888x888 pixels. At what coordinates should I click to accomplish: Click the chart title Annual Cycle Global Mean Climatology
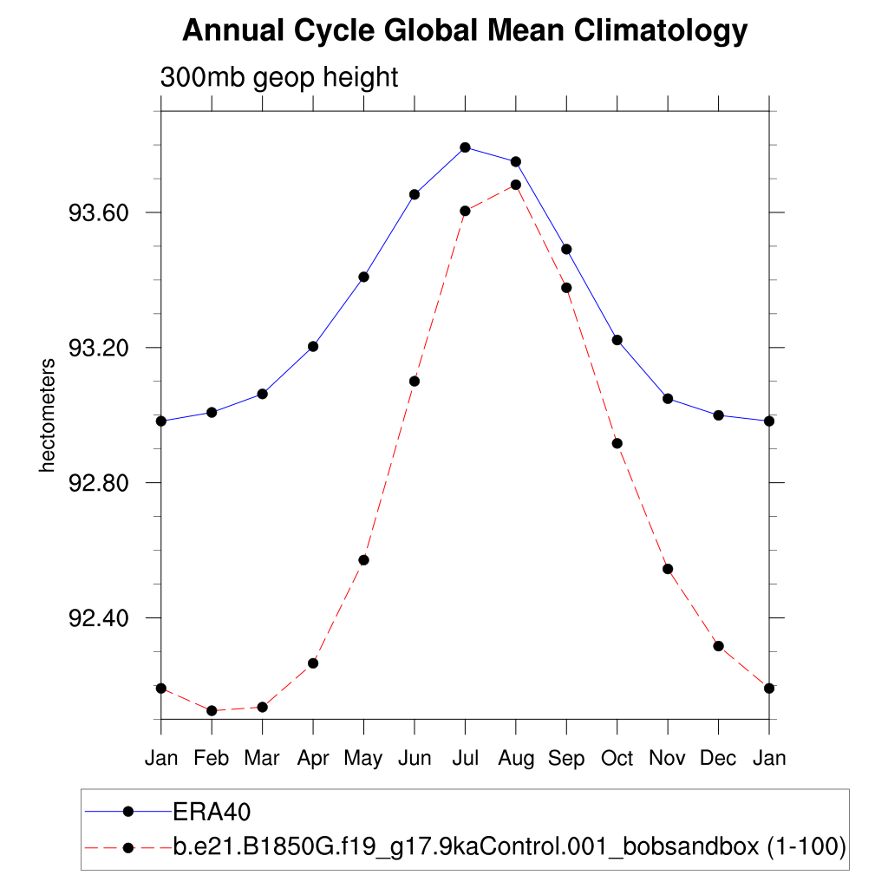coord(465,31)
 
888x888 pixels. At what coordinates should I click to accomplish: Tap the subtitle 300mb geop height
coord(278,77)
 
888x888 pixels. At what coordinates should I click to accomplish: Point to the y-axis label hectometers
coord(48,415)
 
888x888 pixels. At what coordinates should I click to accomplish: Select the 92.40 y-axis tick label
coord(98,618)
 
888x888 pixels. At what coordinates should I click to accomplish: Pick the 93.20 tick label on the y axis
coord(98,348)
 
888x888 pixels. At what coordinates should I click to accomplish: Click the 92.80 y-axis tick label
coord(98,483)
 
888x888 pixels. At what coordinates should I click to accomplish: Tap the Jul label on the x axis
coord(465,759)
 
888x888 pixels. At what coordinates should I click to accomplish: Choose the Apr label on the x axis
coord(313,759)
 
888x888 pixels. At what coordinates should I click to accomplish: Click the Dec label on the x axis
coord(718,759)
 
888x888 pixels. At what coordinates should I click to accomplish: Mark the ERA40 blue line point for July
coord(465,147)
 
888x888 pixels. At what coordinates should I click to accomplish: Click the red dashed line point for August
coord(516,185)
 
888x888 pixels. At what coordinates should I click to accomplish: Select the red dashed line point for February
coord(212,711)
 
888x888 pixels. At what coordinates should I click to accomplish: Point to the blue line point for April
coord(313,346)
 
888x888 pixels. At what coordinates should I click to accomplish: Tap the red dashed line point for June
coord(415,381)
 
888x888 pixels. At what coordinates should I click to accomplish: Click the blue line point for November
coord(668,399)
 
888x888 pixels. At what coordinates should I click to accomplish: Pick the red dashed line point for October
coord(617,443)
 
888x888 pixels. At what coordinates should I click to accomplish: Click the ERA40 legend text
coord(212,812)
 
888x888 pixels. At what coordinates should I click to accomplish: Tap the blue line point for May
coord(364,277)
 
